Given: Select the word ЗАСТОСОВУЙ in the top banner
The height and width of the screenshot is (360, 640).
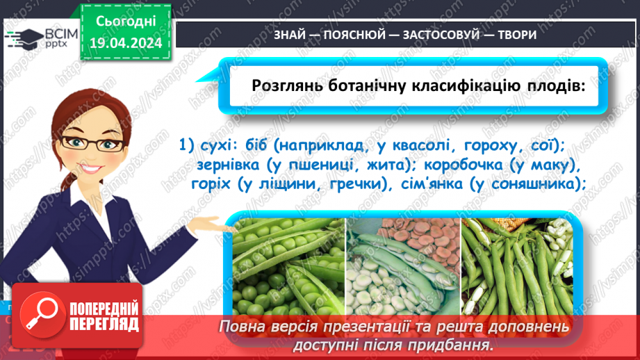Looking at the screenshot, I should [425, 35].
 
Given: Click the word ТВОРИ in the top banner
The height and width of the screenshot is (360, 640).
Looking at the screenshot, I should [518, 35].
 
